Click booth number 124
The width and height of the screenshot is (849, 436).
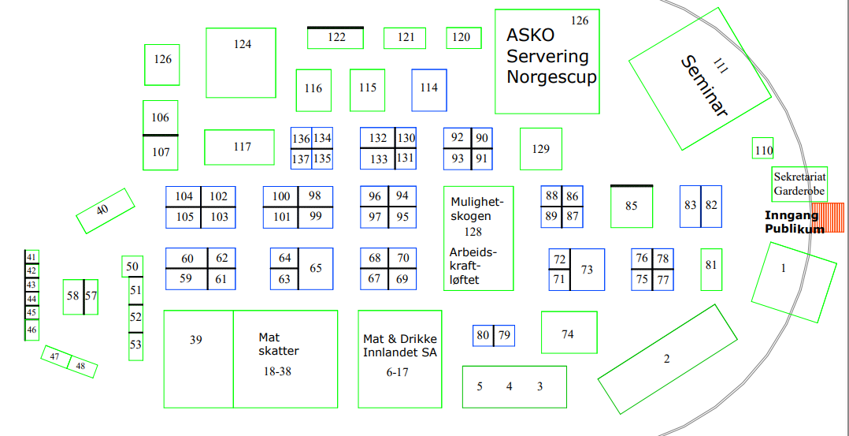(241, 63)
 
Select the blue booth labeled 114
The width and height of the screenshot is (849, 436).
(429, 90)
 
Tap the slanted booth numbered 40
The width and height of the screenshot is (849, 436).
(102, 211)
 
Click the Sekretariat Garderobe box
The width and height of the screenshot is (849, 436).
(799, 184)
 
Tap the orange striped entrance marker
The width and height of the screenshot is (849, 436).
(828, 218)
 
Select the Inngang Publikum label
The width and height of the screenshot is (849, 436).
(794, 222)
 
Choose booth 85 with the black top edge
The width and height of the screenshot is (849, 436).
(632, 207)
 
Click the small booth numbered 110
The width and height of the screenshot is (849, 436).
(763, 150)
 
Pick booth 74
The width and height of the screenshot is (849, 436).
(569, 333)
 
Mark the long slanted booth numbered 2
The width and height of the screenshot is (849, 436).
(667, 359)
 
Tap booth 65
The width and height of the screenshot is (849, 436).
(316, 269)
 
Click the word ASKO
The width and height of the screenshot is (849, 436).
(530, 35)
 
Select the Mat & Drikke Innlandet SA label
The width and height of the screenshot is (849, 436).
(399, 345)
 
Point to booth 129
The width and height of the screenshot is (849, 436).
(540, 149)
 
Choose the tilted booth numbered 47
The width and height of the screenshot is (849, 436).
(55, 356)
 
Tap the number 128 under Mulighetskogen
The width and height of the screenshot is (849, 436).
(473, 232)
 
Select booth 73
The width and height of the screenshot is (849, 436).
(588, 270)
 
